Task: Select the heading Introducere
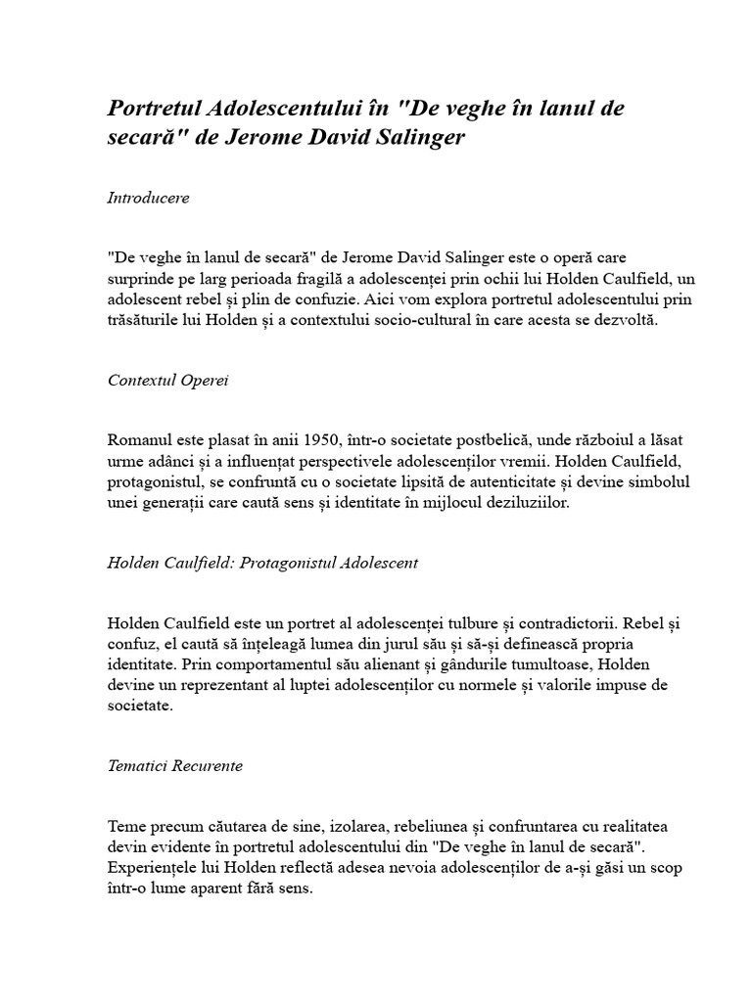148,198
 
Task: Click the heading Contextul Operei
167,380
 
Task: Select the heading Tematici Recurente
175,765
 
